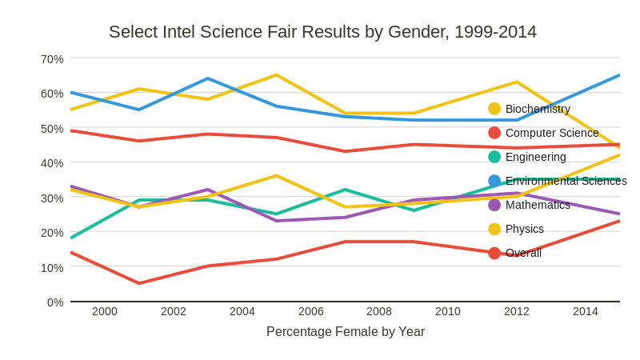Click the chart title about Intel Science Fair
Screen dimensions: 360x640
coord(322,32)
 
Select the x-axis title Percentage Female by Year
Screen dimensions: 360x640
coord(345,331)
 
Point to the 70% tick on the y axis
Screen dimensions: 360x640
coord(52,59)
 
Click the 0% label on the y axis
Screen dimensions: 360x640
coord(55,302)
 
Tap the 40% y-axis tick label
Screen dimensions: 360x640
coord(52,163)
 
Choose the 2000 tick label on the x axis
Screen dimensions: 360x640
coord(105,311)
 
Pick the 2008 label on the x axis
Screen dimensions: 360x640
coord(379,311)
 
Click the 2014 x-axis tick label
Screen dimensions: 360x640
coord(585,311)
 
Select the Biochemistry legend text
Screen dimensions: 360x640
coord(538,109)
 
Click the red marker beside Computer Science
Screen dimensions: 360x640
coord(494,133)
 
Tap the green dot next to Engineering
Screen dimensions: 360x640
coord(494,157)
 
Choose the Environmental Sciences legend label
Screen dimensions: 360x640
coord(566,181)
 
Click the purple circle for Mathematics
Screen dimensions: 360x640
coord(494,205)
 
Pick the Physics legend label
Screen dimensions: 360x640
coord(524,229)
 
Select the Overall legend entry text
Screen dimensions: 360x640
coord(523,253)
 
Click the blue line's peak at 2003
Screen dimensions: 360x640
coord(208,78)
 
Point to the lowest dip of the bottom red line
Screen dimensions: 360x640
coord(139,283)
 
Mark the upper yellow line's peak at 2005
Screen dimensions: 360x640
coord(277,75)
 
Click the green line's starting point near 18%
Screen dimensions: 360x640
coord(71,238)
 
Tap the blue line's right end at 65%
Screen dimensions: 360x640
coord(618,76)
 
